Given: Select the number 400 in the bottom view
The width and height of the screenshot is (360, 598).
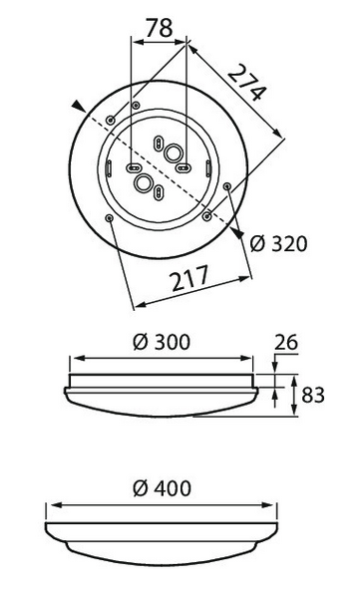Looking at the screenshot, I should tap(171, 488).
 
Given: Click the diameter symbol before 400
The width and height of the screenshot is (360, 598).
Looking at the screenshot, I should tap(140, 488).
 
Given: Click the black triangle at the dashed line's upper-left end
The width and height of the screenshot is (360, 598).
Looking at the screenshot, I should tap(78, 104).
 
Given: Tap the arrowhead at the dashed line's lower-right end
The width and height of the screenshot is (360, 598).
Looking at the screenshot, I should tap(240, 233).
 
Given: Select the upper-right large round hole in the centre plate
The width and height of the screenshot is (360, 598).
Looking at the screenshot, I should tap(176, 153).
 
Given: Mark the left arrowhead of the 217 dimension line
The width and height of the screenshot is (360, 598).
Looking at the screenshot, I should tap(137, 303).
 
